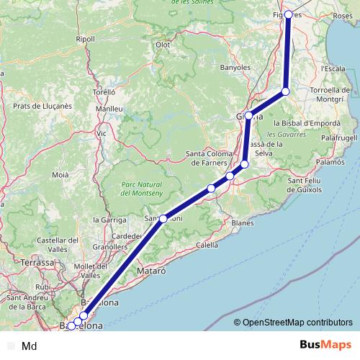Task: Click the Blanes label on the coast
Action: click(243, 223)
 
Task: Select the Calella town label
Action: click(207, 245)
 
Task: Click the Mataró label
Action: click(151, 271)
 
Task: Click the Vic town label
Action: click(102, 133)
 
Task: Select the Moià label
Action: click(60, 175)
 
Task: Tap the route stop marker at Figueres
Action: click(289, 14)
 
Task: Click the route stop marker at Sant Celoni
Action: click(163, 218)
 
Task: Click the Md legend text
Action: click(30, 346)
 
